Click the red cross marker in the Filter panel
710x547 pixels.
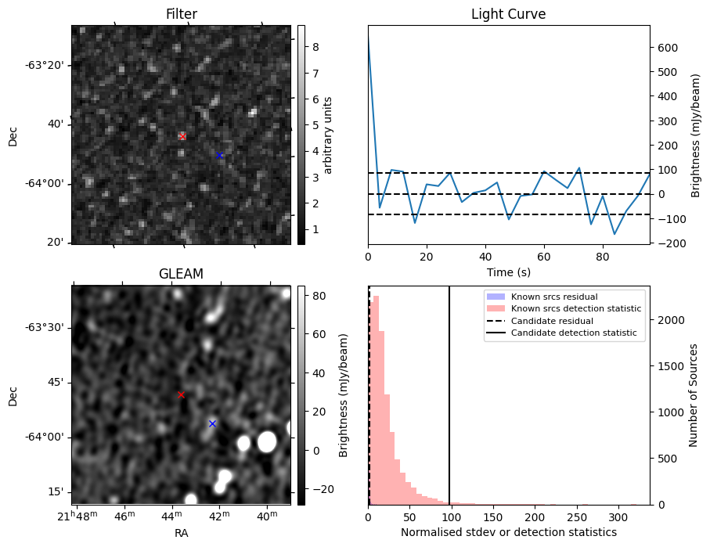pos(182,137)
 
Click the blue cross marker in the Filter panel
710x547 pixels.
pos(220,155)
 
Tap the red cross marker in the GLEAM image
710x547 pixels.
pos(181,394)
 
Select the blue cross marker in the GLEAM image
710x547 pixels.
pos(212,423)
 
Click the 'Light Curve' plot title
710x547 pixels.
pos(508,15)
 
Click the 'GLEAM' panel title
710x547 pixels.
pos(181,274)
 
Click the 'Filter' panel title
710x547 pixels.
pos(181,15)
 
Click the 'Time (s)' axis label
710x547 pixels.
pos(508,272)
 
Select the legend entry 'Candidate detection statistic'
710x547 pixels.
pos(573,333)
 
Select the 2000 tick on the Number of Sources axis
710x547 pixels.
pos(670,320)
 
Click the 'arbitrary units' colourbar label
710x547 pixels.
pos(329,135)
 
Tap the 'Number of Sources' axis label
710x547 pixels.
pos(694,395)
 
